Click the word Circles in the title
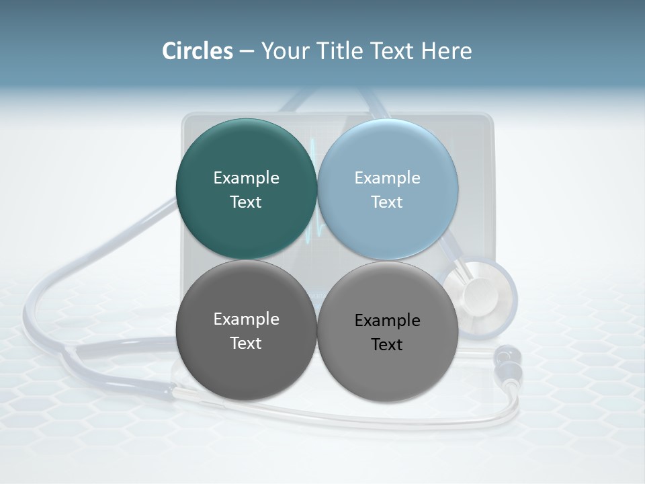coord(198,51)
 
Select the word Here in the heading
coord(447,51)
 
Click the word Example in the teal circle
coord(246,177)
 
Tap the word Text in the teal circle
coord(246,202)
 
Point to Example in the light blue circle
coord(387,177)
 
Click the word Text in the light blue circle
coord(387,202)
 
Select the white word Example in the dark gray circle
coord(246,319)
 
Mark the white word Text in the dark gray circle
coord(246,343)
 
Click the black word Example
coord(387,320)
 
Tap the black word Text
coord(387,344)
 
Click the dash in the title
coord(246,52)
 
